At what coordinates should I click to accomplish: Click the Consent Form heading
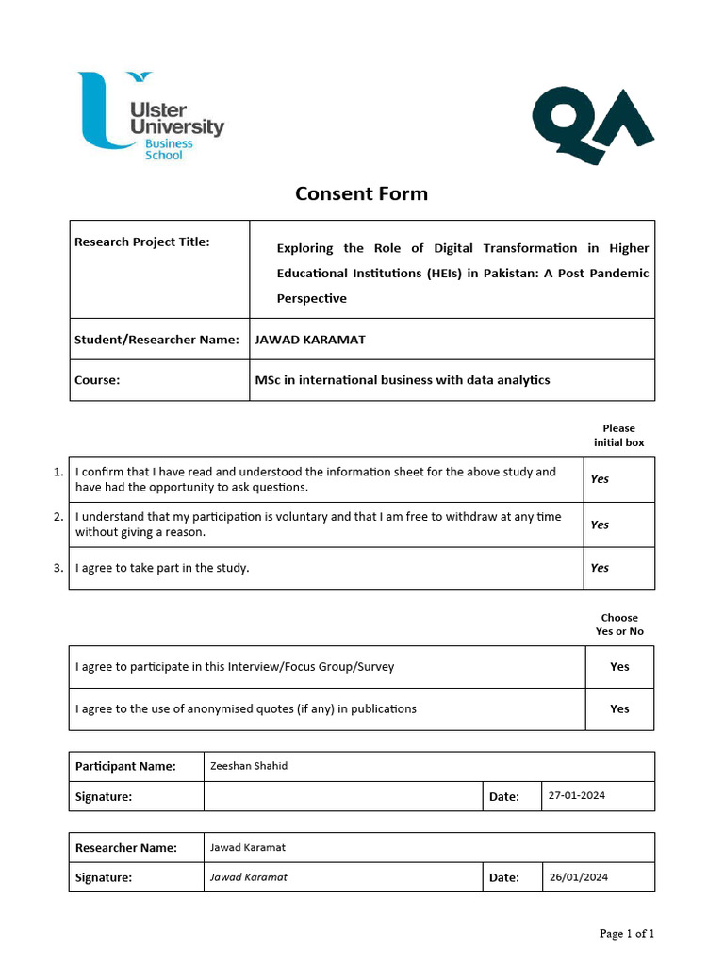(x=361, y=193)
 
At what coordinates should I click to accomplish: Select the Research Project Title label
(x=141, y=241)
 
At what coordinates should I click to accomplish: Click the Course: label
(x=97, y=380)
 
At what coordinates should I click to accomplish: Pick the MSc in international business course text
(x=403, y=380)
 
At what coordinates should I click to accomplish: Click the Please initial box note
(x=618, y=435)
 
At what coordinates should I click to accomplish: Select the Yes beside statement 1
(x=600, y=478)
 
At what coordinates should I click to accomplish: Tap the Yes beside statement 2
(x=600, y=525)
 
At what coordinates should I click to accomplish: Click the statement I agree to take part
(x=162, y=568)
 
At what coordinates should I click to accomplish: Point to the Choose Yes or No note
(x=619, y=625)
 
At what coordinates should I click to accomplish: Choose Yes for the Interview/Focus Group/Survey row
(x=619, y=666)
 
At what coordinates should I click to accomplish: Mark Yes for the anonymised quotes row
(x=619, y=708)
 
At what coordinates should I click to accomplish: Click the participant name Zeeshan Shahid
(x=249, y=766)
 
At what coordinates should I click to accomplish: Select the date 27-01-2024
(x=577, y=795)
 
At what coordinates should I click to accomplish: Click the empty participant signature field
(x=342, y=796)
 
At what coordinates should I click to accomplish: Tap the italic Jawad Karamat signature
(x=249, y=876)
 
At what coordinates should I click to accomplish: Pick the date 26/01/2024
(x=579, y=876)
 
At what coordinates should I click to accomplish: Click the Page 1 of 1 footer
(x=627, y=934)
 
